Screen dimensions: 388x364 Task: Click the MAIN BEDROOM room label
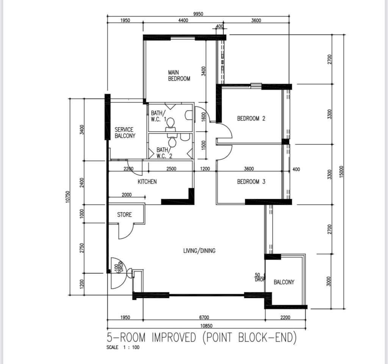point(179,76)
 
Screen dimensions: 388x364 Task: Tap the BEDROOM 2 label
point(251,118)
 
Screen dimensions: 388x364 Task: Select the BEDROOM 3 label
point(251,182)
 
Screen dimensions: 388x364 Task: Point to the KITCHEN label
point(147,182)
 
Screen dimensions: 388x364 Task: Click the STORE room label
point(124,215)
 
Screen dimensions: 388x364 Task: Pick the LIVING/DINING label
point(199,251)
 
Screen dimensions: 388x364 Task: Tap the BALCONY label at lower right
point(284,282)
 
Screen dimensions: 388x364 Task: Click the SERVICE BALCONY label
point(125,132)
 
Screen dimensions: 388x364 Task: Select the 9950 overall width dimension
point(198,14)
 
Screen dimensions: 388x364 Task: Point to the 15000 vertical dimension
point(342,172)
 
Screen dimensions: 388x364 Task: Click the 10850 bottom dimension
point(207,326)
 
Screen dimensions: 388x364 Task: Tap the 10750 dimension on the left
point(68,197)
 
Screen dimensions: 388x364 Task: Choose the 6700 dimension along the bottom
point(204,317)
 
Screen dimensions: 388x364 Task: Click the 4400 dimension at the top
point(183,20)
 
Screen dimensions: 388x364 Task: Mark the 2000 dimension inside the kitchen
point(127,195)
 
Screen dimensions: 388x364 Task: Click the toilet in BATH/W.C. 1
point(170,125)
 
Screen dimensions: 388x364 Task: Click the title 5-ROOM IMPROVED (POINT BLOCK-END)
point(202,338)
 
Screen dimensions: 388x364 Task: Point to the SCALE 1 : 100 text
point(123,347)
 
